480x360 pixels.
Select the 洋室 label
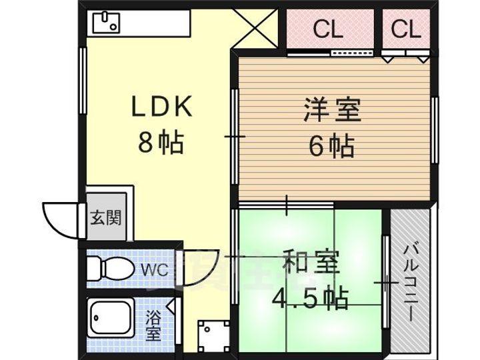[x=331, y=111]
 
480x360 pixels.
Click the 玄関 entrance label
[x=107, y=217]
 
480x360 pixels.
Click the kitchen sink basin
[x=105, y=24]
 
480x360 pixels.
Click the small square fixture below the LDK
[x=214, y=335]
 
